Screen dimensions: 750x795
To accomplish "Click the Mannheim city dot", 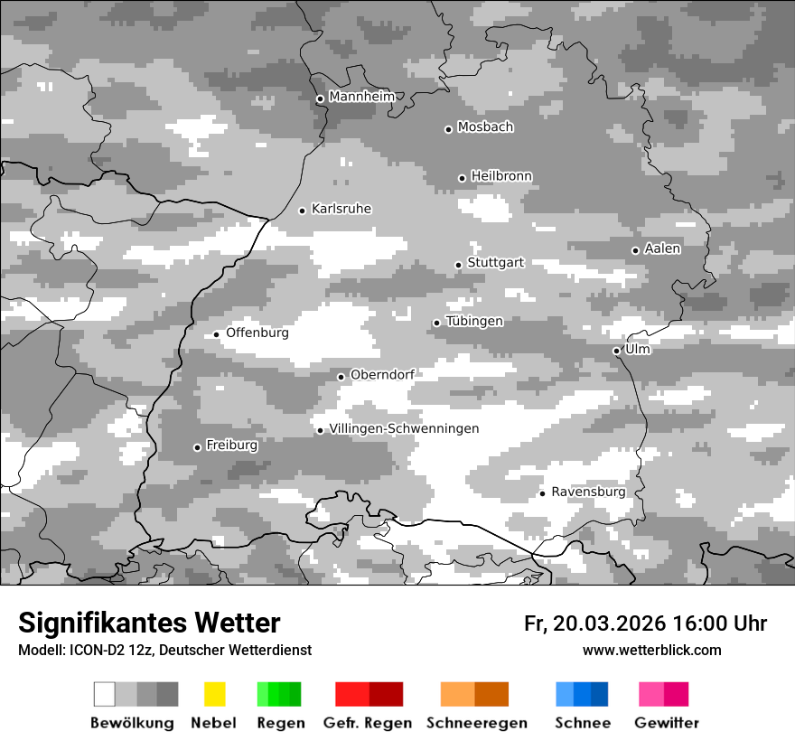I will point(320,99).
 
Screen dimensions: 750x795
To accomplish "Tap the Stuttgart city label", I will point(495,263).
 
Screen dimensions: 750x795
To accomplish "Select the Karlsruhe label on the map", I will point(341,210).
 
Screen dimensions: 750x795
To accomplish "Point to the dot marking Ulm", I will point(616,351).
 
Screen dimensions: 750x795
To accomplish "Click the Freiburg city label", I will point(231,445).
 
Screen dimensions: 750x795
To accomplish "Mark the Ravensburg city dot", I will point(542,493).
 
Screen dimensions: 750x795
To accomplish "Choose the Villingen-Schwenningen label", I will point(404,429).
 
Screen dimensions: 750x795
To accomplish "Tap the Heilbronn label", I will point(501,176).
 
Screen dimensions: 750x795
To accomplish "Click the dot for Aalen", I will point(635,250).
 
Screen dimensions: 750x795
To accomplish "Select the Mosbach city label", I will point(485,127).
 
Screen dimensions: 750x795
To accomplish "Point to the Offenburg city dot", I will point(216,334).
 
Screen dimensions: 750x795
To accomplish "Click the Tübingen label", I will point(474,322).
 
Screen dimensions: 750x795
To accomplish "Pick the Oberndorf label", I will point(382,375).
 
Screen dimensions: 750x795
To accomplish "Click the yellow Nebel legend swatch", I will point(214,694).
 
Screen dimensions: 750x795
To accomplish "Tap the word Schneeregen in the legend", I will point(477,723).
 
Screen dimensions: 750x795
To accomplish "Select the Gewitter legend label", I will point(666,723).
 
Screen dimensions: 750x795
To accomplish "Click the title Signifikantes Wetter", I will point(149,623).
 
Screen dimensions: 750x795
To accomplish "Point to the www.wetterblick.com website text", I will point(651,651).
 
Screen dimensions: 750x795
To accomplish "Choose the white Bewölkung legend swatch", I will point(105,694).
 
